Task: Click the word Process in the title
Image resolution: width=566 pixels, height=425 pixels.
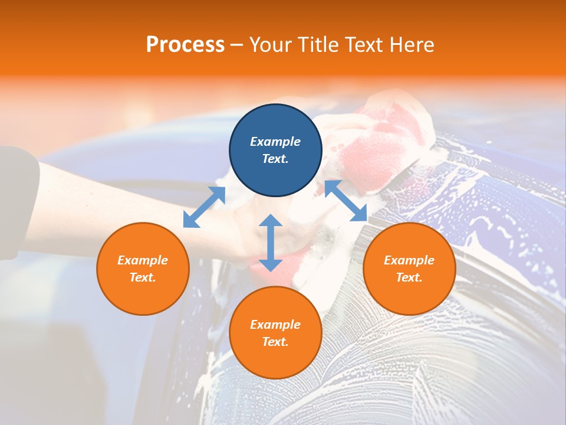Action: coord(185,45)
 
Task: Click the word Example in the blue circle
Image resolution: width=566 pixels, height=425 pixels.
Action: coord(275,142)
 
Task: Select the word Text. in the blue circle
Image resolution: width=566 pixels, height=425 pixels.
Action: coord(275,159)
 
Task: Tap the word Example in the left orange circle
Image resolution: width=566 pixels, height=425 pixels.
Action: coord(143,260)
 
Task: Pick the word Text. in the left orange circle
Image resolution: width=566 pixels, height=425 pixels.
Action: coord(143,277)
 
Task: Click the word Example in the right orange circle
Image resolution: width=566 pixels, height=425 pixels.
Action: coord(409,260)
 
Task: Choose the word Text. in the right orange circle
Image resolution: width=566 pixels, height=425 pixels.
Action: coord(409,277)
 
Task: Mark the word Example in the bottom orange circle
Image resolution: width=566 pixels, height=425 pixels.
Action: coord(275,325)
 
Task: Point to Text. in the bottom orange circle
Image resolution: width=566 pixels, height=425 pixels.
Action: coord(275,342)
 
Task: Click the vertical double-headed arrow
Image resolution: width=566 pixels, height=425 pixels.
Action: coord(271,243)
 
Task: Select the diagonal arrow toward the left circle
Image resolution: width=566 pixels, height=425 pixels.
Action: coord(204,207)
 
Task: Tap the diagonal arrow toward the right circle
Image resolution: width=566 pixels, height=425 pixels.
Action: coord(345,201)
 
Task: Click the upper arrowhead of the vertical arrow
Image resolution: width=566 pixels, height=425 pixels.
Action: coord(271,221)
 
